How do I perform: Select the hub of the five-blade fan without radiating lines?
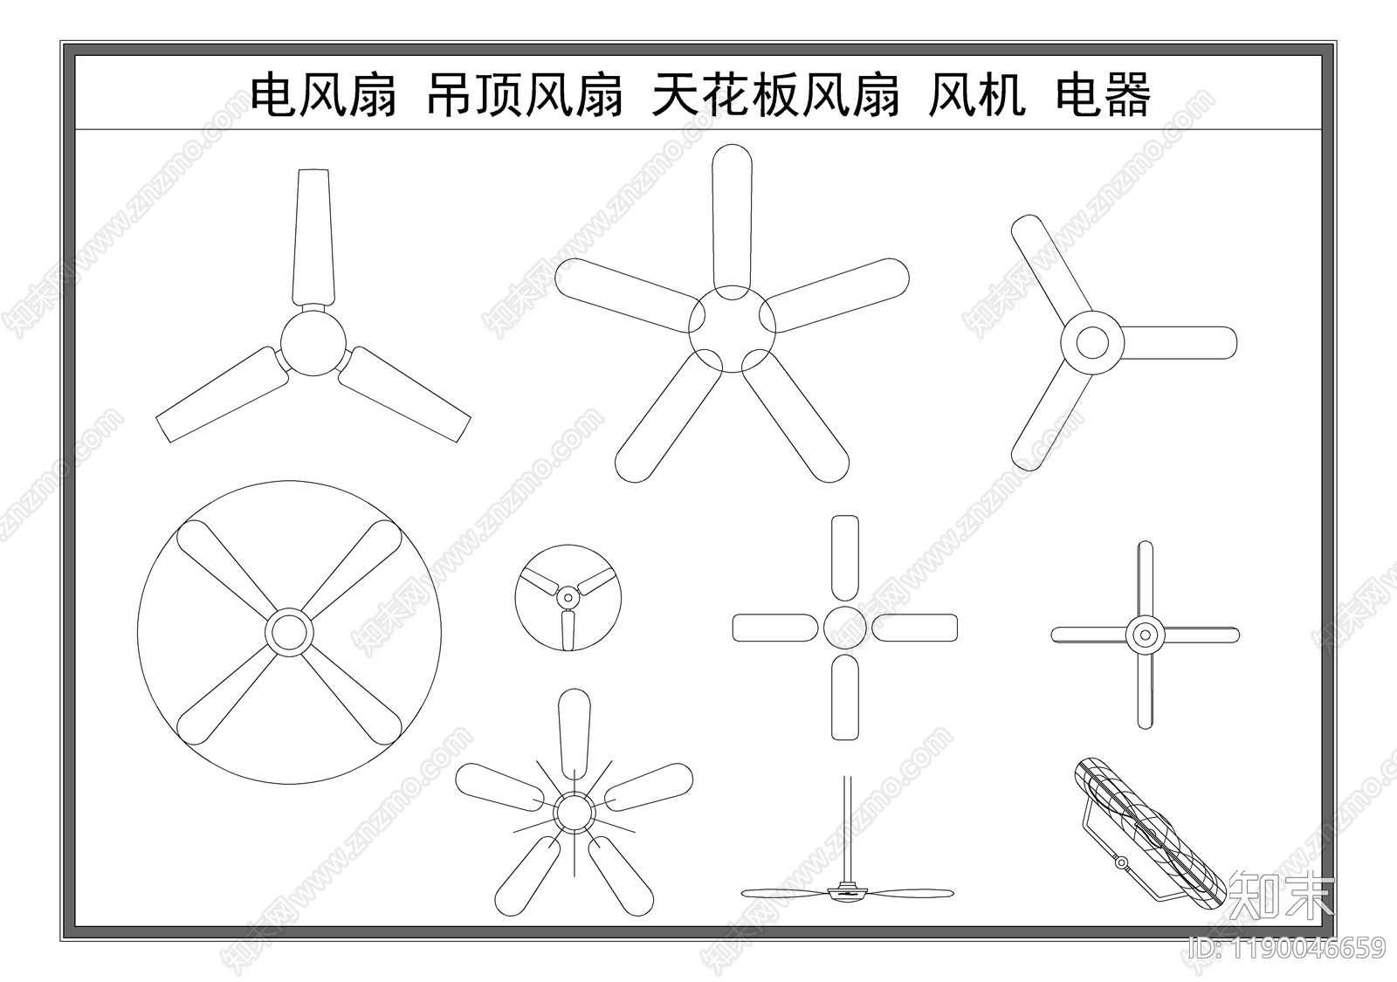(x=732, y=329)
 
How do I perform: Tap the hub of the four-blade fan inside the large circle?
(x=288, y=632)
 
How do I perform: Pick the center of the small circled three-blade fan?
(x=568, y=599)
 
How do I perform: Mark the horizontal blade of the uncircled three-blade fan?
(x=1179, y=342)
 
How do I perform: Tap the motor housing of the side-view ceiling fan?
(x=845, y=892)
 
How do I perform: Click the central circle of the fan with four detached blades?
(x=844, y=628)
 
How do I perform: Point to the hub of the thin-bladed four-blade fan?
(x=1145, y=635)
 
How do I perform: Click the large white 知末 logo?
(x=1281, y=895)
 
